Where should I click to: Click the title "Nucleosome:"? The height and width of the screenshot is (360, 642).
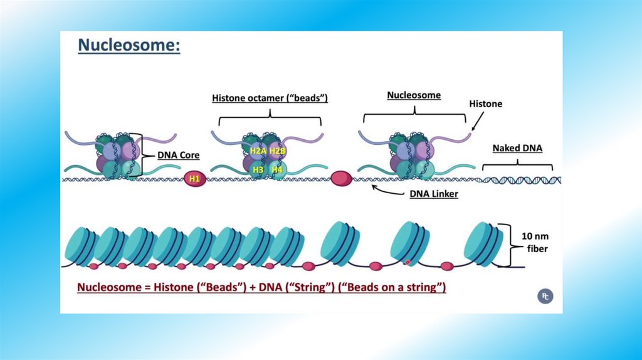click(129, 46)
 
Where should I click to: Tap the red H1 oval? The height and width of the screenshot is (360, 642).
click(194, 179)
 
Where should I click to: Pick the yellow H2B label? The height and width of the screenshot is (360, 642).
click(277, 151)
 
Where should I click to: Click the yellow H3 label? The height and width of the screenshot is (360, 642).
click(257, 169)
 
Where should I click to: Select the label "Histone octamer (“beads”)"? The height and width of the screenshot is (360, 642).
click(270, 98)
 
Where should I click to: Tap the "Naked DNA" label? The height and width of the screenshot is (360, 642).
click(517, 149)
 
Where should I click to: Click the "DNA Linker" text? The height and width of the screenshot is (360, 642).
click(434, 194)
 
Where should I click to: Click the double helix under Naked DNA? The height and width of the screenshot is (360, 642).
click(519, 180)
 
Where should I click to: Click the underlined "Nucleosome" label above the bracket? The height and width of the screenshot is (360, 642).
click(414, 95)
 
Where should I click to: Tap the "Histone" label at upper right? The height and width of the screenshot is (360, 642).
click(486, 103)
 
